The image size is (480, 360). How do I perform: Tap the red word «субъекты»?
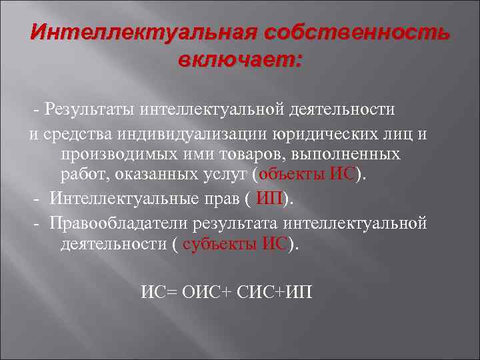tap(220, 244)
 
